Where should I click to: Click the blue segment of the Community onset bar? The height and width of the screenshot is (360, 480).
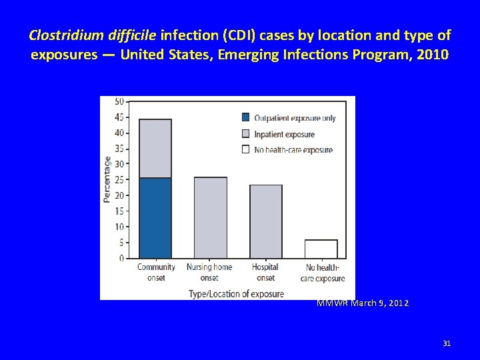[x=155, y=217]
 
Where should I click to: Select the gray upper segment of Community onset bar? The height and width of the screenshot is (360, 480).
[x=155, y=148]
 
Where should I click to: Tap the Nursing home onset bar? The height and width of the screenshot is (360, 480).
[x=210, y=217]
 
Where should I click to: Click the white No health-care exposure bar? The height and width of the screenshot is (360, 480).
[x=321, y=249]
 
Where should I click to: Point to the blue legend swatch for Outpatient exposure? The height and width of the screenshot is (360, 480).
[x=245, y=118]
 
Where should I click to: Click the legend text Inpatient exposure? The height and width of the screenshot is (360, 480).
[x=285, y=134]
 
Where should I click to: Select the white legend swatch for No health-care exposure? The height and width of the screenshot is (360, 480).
[x=245, y=149]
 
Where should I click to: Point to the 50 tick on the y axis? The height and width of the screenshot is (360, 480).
[x=119, y=101]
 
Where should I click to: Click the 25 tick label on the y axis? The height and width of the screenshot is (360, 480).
[x=119, y=179]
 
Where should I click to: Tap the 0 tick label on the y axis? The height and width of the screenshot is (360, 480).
[x=121, y=258]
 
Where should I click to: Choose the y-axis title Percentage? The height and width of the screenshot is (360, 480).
[x=107, y=179]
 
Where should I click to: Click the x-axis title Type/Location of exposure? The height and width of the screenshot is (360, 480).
[x=236, y=293]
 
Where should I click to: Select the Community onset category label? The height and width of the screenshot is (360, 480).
[x=156, y=272]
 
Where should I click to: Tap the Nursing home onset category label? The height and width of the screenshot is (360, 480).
[x=209, y=272]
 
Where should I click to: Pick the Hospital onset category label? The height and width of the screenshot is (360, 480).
[x=265, y=272]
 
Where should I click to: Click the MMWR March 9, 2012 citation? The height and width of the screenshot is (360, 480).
[x=363, y=303]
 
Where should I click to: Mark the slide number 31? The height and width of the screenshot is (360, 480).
[x=447, y=343]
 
